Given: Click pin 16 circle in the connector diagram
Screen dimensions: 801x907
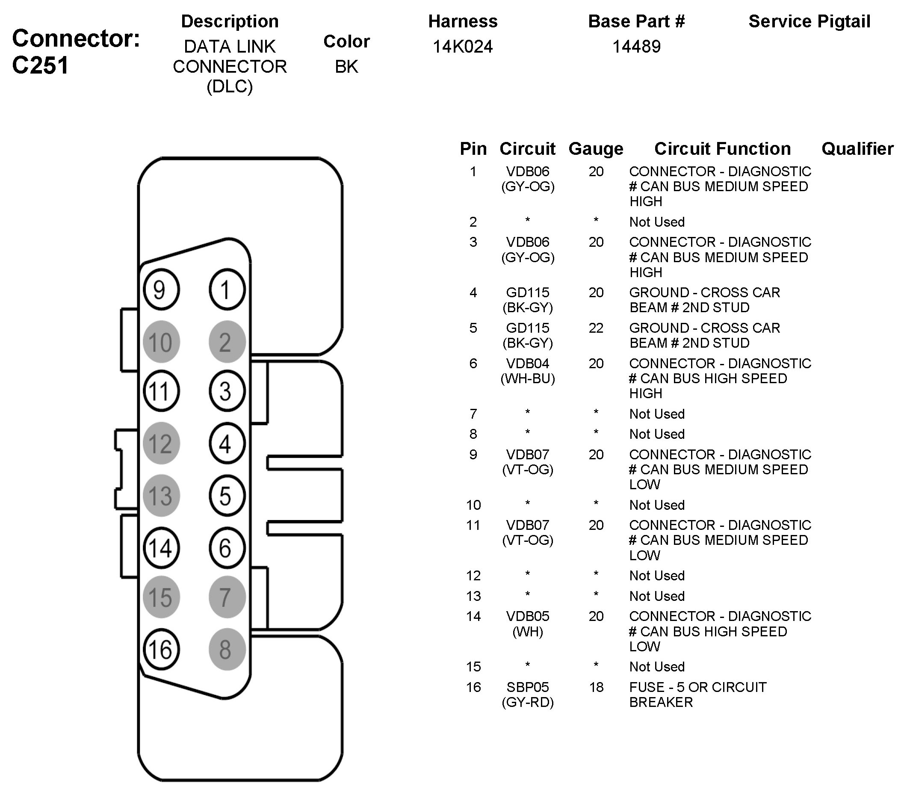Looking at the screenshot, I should click(x=161, y=649).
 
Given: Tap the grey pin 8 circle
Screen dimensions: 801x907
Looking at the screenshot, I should click(x=227, y=649).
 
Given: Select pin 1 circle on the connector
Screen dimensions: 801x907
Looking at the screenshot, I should click(x=227, y=290).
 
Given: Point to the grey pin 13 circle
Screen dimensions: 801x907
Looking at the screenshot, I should click(x=161, y=495).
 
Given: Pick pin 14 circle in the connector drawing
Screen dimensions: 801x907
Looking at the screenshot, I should click(x=161, y=547).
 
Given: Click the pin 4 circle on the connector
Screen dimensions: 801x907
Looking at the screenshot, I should click(x=227, y=443).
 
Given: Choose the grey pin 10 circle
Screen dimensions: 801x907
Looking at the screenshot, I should click(x=161, y=342).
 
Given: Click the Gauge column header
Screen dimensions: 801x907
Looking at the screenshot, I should click(x=596, y=149).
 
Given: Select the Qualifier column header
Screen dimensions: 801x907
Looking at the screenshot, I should click(x=857, y=149).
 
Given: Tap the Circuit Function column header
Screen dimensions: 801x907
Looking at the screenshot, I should click(x=722, y=149).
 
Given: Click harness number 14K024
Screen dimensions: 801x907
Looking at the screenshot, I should click(x=462, y=47).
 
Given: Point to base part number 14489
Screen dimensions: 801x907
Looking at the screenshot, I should click(x=636, y=47).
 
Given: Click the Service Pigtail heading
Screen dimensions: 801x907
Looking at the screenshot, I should click(x=809, y=21).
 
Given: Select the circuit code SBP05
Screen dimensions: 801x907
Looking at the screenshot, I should click(x=528, y=687).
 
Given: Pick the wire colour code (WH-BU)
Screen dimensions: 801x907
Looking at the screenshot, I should click(x=528, y=378).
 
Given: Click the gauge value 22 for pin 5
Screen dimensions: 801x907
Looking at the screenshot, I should click(x=596, y=328).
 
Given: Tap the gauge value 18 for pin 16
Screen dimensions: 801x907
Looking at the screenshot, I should click(x=596, y=687).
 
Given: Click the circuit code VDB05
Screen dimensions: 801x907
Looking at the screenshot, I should click(x=528, y=616).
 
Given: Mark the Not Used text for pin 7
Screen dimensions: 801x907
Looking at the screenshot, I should click(x=657, y=414).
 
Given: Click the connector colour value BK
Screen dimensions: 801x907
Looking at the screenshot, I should click(x=346, y=67).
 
